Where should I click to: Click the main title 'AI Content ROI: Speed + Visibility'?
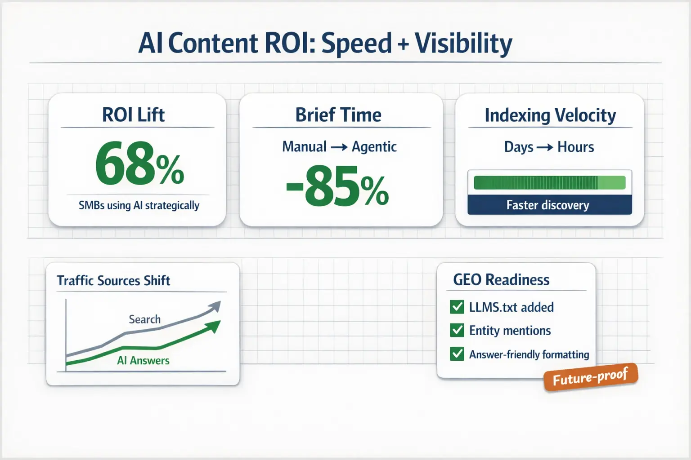pyautogui.click(x=325, y=44)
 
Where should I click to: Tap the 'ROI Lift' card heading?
pyautogui.click(x=133, y=115)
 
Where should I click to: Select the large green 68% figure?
pyautogui.click(x=139, y=164)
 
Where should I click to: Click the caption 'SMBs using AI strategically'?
pyautogui.click(x=139, y=205)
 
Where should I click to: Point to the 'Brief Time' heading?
pyautogui.click(x=338, y=115)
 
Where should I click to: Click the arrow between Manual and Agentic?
pyautogui.click(x=339, y=147)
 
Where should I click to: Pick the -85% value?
pyautogui.click(x=337, y=186)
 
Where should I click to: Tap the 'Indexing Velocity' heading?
pyautogui.click(x=550, y=115)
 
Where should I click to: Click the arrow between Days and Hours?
pyautogui.click(x=545, y=147)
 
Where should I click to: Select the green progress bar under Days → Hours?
pyautogui.click(x=549, y=183)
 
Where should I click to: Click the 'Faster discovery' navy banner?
pyautogui.click(x=549, y=205)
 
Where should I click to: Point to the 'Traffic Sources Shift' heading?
pyautogui.click(x=113, y=281)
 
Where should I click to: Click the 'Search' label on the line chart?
pyautogui.click(x=144, y=319)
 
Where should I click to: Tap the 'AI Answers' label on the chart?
pyautogui.click(x=143, y=360)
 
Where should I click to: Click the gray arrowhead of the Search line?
pyautogui.click(x=215, y=306)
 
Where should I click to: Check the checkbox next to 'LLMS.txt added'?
pyautogui.click(x=457, y=307)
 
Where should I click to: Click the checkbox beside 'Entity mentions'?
pyautogui.click(x=457, y=331)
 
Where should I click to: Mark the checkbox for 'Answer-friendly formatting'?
pyautogui.click(x=457, y=354)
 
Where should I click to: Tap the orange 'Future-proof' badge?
pyautogui.click(x=590, y=377)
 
